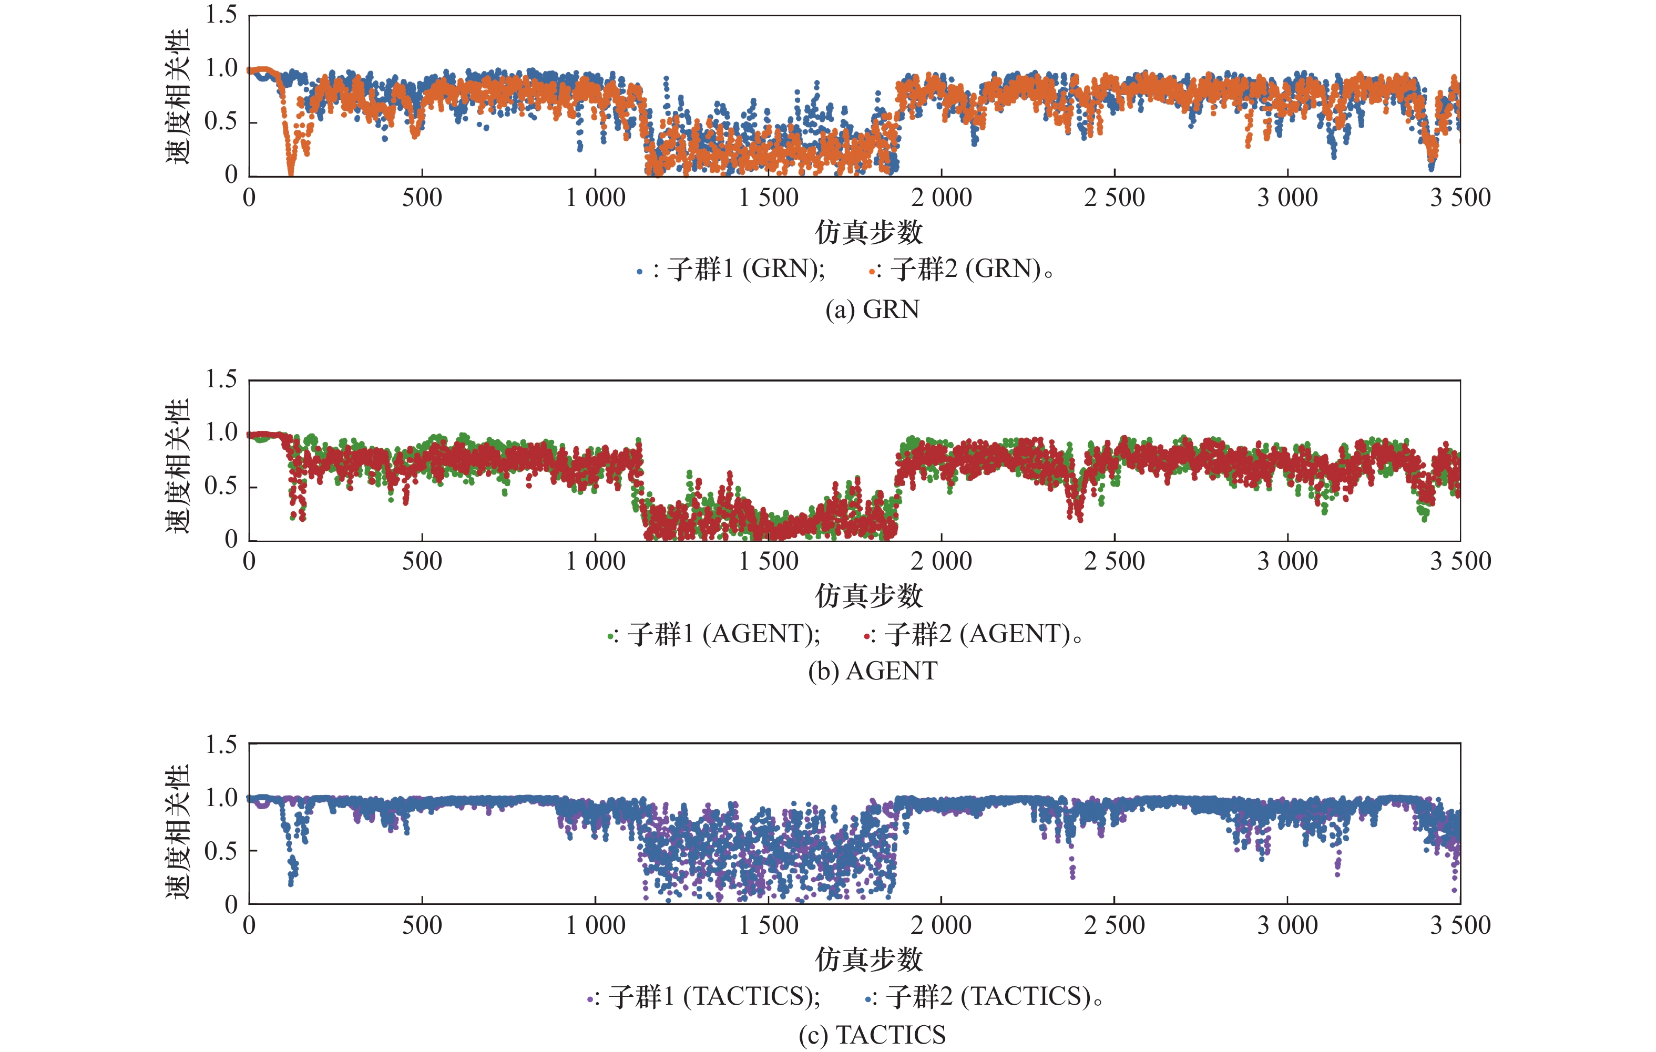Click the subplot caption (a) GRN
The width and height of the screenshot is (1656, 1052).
click(872, 310)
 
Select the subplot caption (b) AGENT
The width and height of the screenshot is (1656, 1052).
click(872, 671)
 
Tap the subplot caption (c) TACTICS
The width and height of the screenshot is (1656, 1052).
click(872, 1035)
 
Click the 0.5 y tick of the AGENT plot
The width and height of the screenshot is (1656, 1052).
click(221, 486)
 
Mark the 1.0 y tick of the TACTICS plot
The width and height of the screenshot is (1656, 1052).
click(221, 798)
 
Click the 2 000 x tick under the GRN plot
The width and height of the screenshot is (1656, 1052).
click(942, 198)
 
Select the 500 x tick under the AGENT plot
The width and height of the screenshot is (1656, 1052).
click(422, 562)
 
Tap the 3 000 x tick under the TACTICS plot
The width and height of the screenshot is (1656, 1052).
click(1287, 925)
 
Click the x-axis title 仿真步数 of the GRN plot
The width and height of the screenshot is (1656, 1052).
click(868, 232)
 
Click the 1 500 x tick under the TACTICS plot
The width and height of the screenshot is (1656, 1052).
click(768, 925)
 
